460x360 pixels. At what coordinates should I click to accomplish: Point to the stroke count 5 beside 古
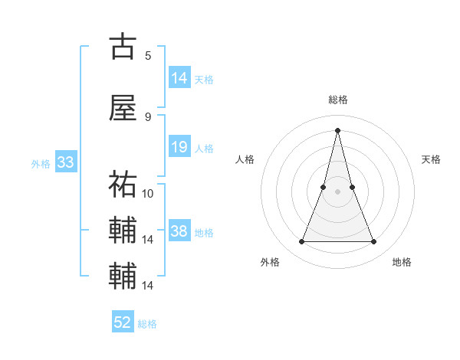(x=148, y=55)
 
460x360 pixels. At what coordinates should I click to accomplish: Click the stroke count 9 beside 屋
(x=148, y=116)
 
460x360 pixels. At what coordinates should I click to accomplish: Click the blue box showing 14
(x=179, y=78)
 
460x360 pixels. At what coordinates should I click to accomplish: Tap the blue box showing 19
(x=179, y=147)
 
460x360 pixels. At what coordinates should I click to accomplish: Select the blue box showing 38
(x=179, y=231)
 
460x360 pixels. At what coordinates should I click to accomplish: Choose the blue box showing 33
(x=65, y=162)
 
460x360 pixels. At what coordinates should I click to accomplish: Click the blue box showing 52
(x=123, y=322)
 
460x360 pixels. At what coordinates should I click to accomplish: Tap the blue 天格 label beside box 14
(x=204, y=80)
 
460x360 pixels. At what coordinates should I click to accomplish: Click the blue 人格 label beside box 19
(x=204, y=149)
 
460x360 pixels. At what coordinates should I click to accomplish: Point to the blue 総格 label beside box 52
(x=147, y=324)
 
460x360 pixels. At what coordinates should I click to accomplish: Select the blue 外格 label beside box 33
(x=41, y=164)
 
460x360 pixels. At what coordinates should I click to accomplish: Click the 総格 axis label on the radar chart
(x=337, y=100)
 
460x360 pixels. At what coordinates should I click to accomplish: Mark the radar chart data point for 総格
(x=337, y=129)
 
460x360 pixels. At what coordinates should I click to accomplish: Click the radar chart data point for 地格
(x=374, y=242)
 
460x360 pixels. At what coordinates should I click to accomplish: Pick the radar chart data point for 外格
(x=301, y=242)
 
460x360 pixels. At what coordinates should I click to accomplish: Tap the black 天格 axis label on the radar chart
(x=432, y=159)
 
